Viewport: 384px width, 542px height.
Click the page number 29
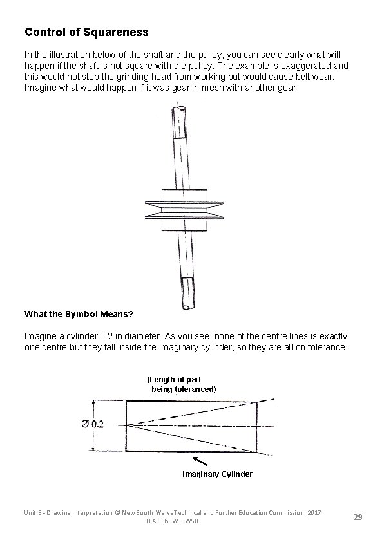[x=358, y=516]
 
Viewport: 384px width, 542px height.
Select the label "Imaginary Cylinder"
[x=217, y=474]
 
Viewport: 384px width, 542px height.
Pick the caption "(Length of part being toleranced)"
[x=182, y=384]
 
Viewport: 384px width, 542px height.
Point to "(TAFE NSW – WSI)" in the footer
[x=173, y=521]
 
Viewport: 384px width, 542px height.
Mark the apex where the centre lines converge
[x=128, y=425]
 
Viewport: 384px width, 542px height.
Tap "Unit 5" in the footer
[x=34, y=511]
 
